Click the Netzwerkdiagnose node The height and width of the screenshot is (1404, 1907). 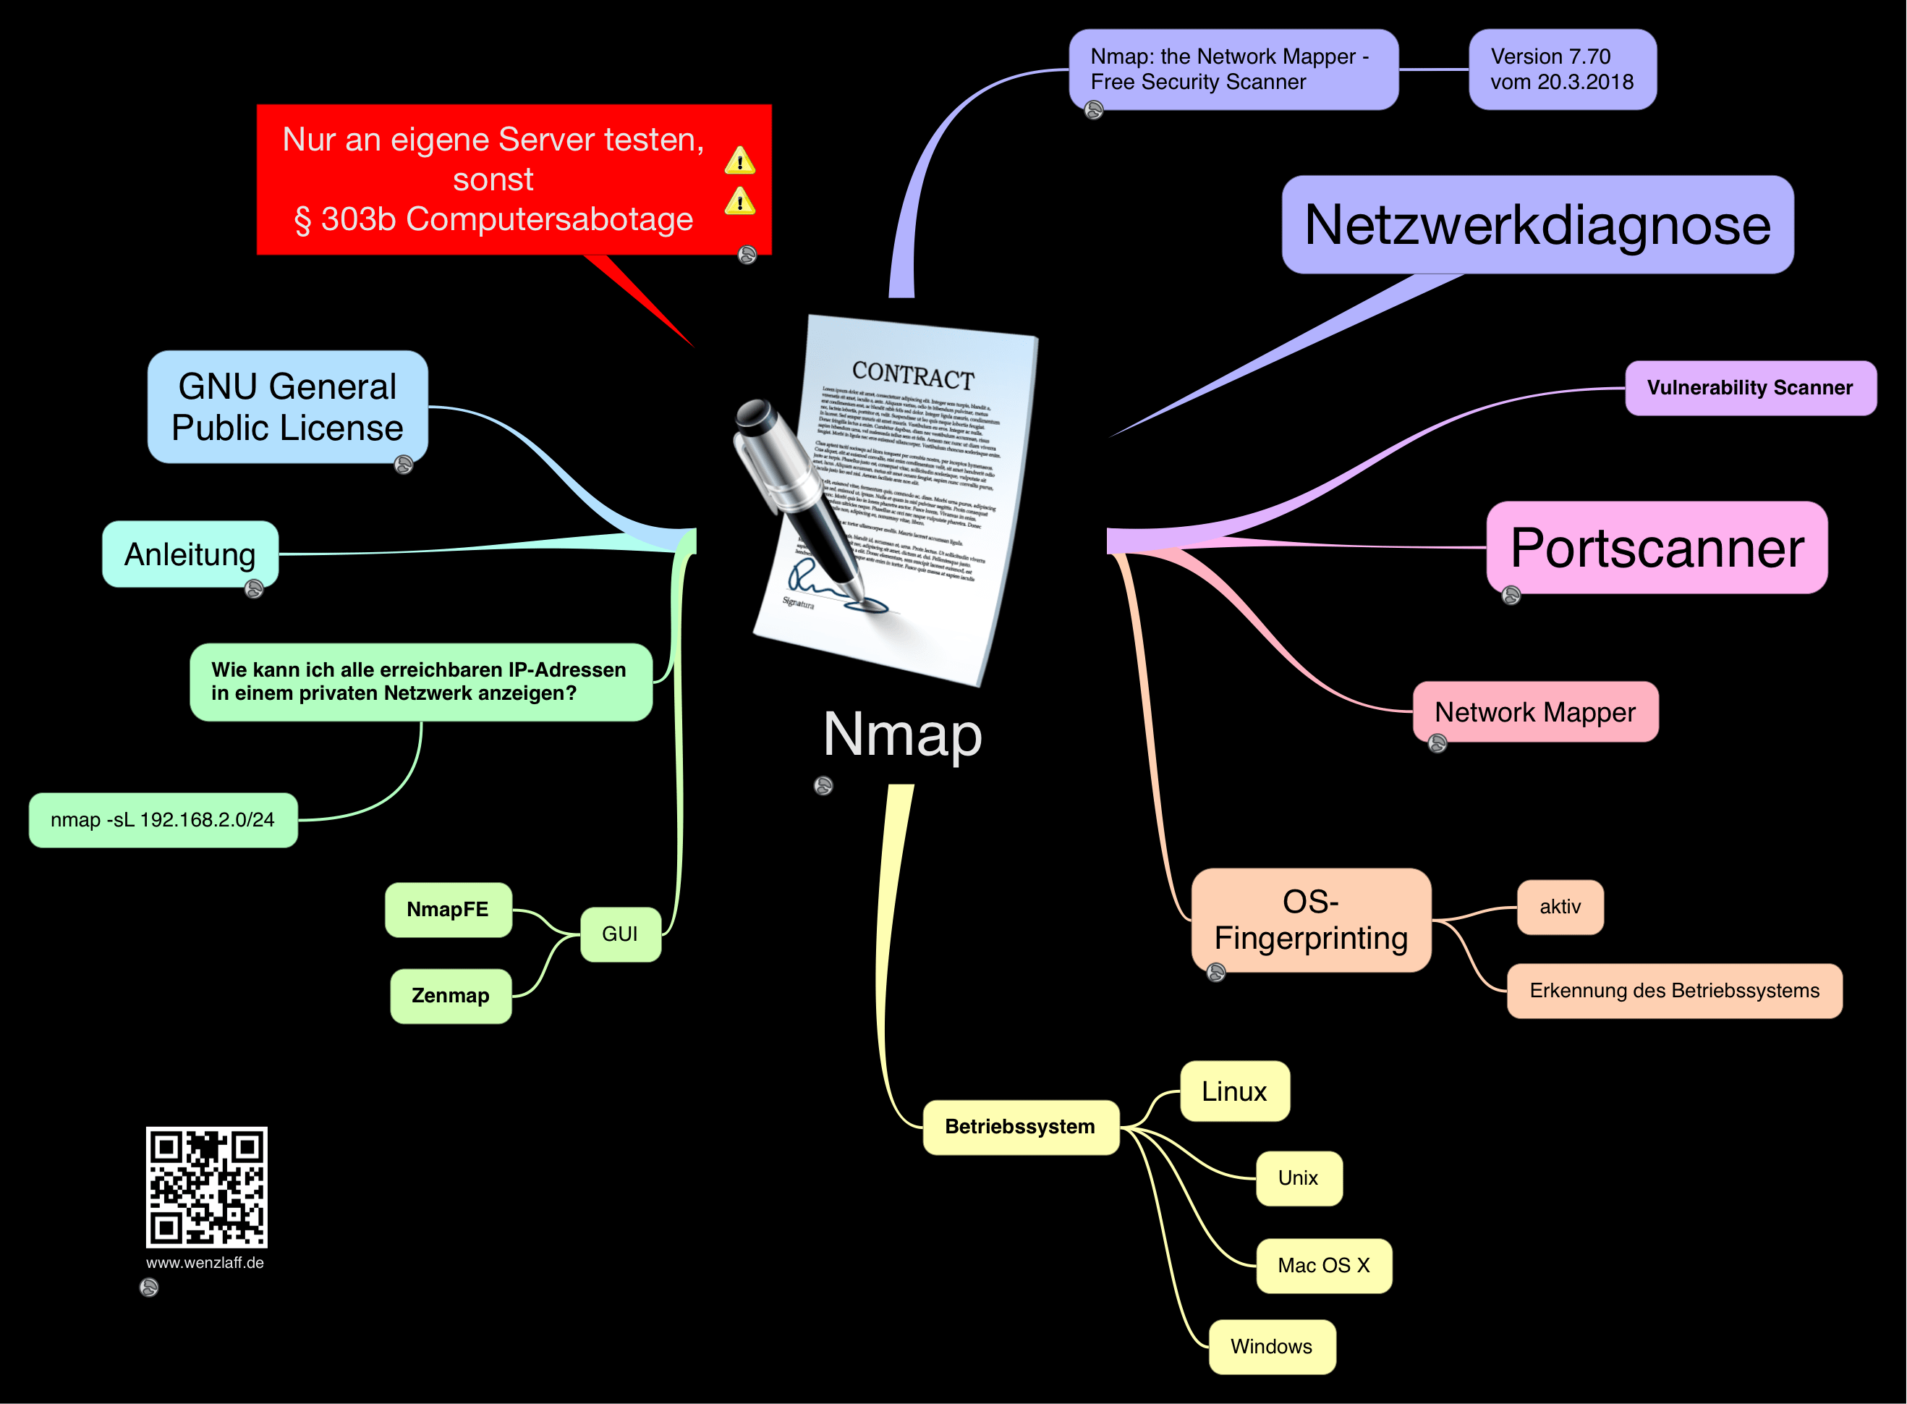pyautogui.click(x=1537, y=225)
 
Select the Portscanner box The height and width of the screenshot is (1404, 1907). pyautogui.click(x=1657, y=548)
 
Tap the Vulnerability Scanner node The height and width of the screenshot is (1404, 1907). pyautogui.click(x=1750, y=387)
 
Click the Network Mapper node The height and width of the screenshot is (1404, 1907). pyautogui.click(x=1535, y=712)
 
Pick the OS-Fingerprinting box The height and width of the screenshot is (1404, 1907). pyautogui.click(x=1311, y=920)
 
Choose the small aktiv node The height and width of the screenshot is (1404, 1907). pyautogui.click(x=1560, y=907)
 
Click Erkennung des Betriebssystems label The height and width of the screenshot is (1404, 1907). pyautogui.click(x=1673, y=990)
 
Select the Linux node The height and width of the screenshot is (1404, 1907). pyautogui.click(x=1234, y=1091)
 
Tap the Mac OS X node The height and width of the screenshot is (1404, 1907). pyautogui.click(x=1323, y=1266)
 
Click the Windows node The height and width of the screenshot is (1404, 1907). pyautogui.click(x=1271, y=1346)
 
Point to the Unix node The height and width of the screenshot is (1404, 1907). pyautogui.click(x=1298, y=1178)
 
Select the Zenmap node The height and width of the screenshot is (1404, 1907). pyautogui.click(x=450, y=995)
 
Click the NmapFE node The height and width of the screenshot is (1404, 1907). pyautogui.click(x=448, y=910)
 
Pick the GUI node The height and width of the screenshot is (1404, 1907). pyautogui.click(x=620, y=934)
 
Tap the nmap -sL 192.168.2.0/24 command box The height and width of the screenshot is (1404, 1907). pyautogui.click(x=163, y=820)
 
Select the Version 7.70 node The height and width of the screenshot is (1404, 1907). pyautogui.click(x=1561, y=69)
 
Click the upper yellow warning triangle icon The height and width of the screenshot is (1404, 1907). pyautogui.click(x=739, y=161)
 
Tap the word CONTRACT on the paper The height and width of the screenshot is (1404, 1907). pyautogui.click(x=912, y=375)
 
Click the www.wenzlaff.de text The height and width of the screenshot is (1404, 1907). pyautogui.click(x=205, y=1263)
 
